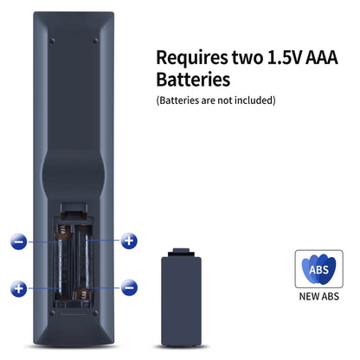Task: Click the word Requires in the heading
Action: tap(192, 59)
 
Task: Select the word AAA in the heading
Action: tap(321, 57)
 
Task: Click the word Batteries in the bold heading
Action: tap(193, 80)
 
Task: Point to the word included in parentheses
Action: tap(254, 100)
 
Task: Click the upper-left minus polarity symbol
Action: tap(19, 241)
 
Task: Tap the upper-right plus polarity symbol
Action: tap(129, 241)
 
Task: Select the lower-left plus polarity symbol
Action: tap(19, 288)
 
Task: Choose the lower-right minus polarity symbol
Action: tap(129, 287)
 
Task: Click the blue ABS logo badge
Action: tap(318, 269)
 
